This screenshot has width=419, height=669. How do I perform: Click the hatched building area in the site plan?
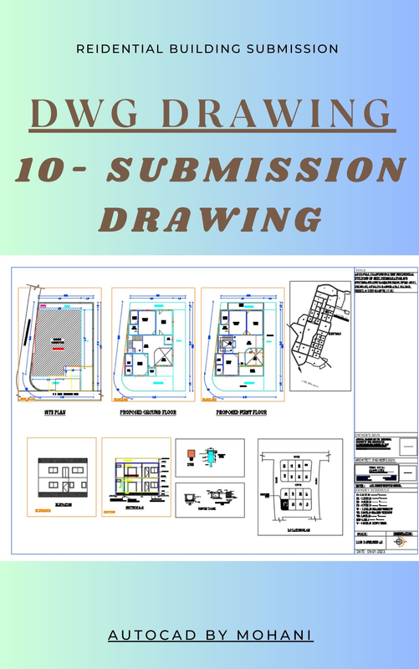click(x=58, y=344)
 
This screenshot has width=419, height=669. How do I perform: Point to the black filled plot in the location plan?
click(x=284, y=505)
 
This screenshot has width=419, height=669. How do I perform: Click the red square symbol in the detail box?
click(x=192, y=454)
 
